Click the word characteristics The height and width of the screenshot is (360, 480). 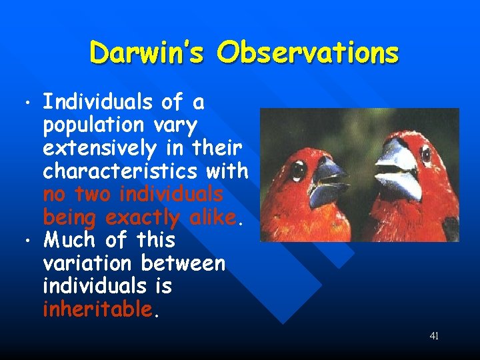click(x=119, y=171)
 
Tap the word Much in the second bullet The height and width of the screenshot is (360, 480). click(x=66, y=240)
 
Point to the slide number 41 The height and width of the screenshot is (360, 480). click(x=434, y=336)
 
